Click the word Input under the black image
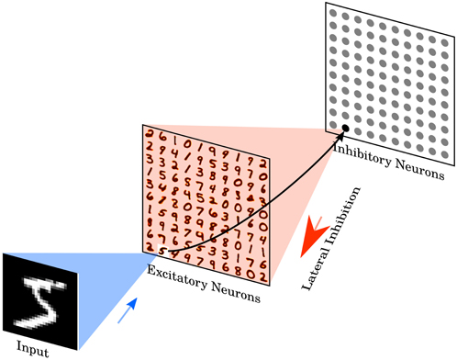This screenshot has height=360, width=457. click(x=34, y=350)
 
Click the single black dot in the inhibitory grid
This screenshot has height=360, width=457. click(x=344, y=128)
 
